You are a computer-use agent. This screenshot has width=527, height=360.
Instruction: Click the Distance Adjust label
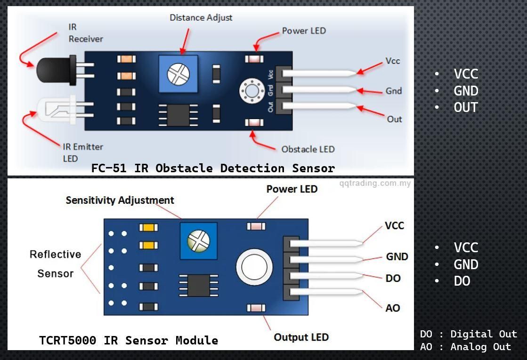click(x=201, y=18)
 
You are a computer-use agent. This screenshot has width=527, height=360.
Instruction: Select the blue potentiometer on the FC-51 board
click(x=178, y=74)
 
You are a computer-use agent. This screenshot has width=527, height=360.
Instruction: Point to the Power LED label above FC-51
click(x=304, y=31)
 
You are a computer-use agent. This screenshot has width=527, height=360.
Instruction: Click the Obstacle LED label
click(x=308, y=149)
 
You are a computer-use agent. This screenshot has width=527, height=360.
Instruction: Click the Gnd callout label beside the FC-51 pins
click(x=394, y=91)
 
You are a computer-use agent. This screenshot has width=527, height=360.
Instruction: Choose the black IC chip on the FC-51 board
click(x=178, y=115)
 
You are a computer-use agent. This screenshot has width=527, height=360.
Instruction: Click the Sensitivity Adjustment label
click(x=120, y=200)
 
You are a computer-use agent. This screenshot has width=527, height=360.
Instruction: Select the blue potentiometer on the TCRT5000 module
click(x=199, y=241)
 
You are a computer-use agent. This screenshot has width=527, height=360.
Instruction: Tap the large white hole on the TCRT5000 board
click(x=254, y=267)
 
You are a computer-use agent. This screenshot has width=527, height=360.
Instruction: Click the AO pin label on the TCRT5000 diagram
click(x=393, y=308)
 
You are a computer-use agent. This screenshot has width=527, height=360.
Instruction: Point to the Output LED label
click(x=301, y=337)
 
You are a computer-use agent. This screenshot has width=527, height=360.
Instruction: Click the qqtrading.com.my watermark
click(x=375, y=184)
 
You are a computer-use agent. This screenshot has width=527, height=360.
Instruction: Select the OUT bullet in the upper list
click(x=466, y=107)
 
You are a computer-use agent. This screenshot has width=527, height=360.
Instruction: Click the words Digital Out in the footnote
click(x=484, y=334)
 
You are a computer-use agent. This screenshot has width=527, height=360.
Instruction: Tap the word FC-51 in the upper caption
click(x=109, y=168)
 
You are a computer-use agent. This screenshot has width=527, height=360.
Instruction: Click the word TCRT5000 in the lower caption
click(x=67, y=340)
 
